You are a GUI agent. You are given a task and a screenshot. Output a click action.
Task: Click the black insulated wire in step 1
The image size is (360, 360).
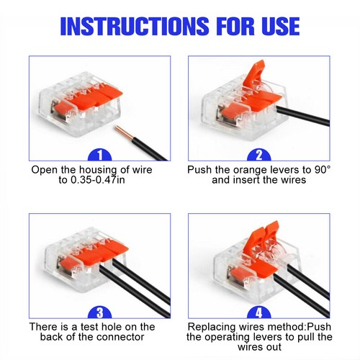point(144,148)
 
